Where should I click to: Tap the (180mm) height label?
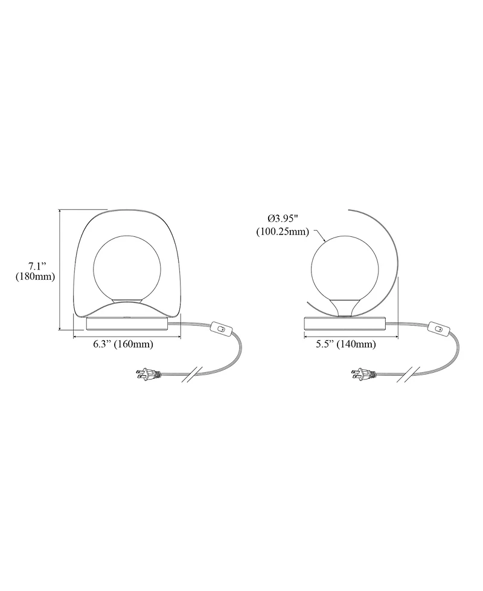[x=36, y=277]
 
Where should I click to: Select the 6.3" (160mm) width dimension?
[x=124, y=344]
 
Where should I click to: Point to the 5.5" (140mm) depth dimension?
[x=346, y=344]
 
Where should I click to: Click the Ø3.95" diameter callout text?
[x=283, y=219]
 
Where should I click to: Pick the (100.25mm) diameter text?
[x=283, y=232]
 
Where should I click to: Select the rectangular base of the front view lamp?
[x=127, y=323]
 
